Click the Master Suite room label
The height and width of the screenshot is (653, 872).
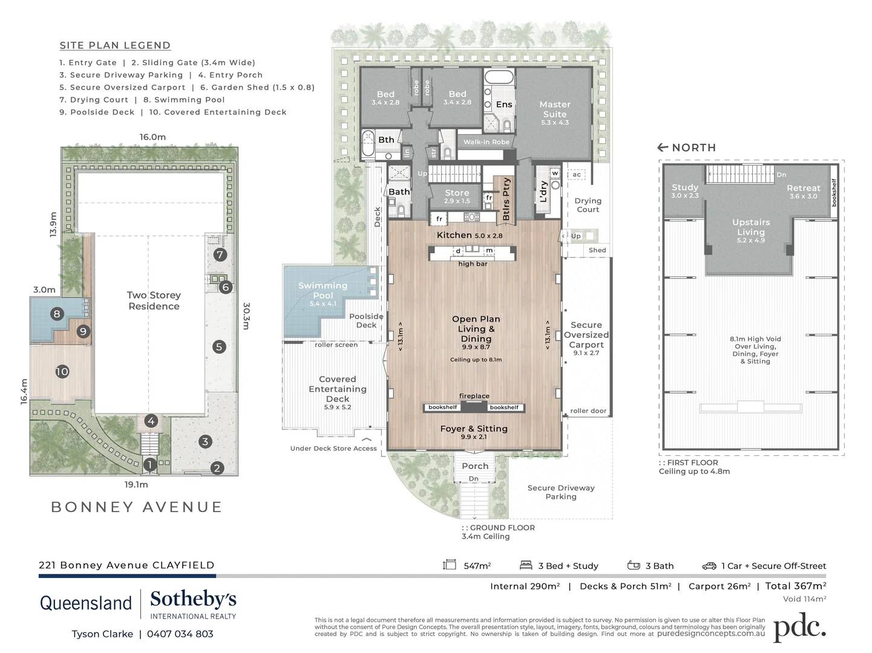554,109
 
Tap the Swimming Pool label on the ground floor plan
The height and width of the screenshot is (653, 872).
323,290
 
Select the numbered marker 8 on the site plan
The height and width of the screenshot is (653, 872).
57,313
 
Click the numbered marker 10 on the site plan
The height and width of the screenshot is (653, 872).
62,372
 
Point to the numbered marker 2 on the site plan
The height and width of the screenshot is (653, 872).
217,467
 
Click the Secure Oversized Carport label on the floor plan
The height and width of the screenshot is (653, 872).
586,335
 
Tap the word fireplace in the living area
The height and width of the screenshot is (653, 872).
474,396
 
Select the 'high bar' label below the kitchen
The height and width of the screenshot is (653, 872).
473,264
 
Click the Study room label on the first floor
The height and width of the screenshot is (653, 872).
685,187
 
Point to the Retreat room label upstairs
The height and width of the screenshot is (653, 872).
803,188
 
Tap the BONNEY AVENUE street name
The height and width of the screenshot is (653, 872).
136,507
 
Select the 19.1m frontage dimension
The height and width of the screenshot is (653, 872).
136,484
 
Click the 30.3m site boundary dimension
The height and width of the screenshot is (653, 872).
246,316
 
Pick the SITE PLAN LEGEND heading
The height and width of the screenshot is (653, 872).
115,45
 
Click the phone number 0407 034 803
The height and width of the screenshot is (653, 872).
180,634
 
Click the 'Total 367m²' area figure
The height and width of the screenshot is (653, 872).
795,585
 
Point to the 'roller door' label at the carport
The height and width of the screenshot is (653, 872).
588,411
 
